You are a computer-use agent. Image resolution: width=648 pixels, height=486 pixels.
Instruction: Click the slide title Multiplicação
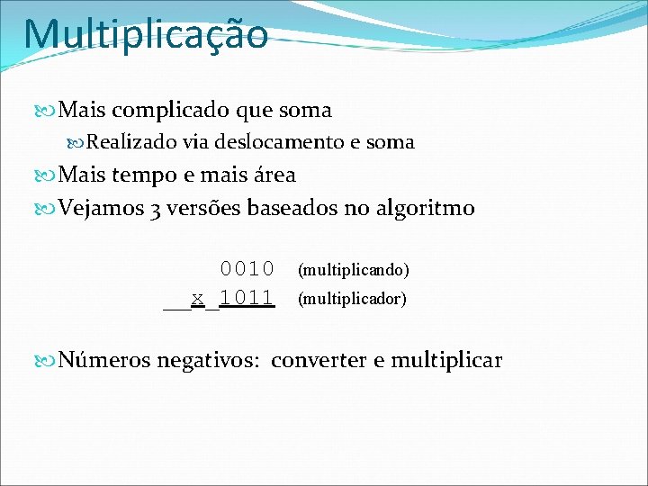tap(146, 34)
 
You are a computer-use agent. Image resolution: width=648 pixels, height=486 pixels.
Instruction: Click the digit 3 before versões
tap(157, 209)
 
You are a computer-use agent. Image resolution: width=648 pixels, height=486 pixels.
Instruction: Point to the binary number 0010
tap(247, 268)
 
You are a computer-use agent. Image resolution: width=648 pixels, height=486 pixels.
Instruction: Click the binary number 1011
tap(247, 297)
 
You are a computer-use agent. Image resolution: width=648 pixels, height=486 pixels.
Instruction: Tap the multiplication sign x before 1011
tap(197, 297)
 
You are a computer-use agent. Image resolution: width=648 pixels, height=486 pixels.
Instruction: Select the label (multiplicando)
tap(353, 270)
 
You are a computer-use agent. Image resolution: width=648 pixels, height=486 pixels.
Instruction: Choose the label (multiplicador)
tap(352, 298)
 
